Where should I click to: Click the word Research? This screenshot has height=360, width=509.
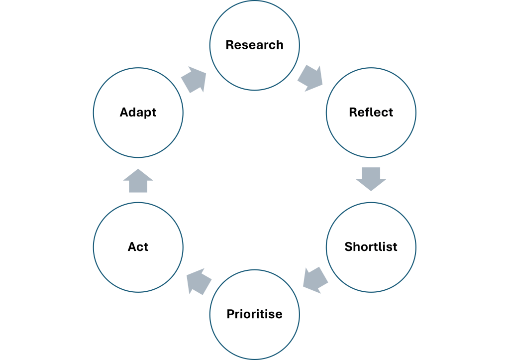(x=255, y=45)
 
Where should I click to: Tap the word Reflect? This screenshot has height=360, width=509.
(x=371, y=112)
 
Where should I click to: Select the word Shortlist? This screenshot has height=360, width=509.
(x=371, y=246)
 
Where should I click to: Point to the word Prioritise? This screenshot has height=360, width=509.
(x=255, y=314)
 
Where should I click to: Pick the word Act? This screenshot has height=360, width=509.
(x=138, y=246)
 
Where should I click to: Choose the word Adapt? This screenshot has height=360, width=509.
(x=138, y=113)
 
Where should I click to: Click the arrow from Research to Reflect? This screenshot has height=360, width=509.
(x=310, y=78)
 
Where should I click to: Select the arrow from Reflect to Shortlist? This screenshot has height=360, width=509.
(x=371, y=179)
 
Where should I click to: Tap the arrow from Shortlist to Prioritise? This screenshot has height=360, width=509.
(x=315, y=280)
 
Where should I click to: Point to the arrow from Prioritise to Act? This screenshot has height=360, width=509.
(x=199, y=281)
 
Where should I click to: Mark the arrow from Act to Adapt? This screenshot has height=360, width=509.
(x=138, y=181)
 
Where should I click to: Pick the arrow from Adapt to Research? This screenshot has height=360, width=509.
(x=194, y=80)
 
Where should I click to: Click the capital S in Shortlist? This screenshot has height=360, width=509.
(x=349, y=246)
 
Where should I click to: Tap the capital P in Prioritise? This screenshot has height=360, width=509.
(x=231, y=314)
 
